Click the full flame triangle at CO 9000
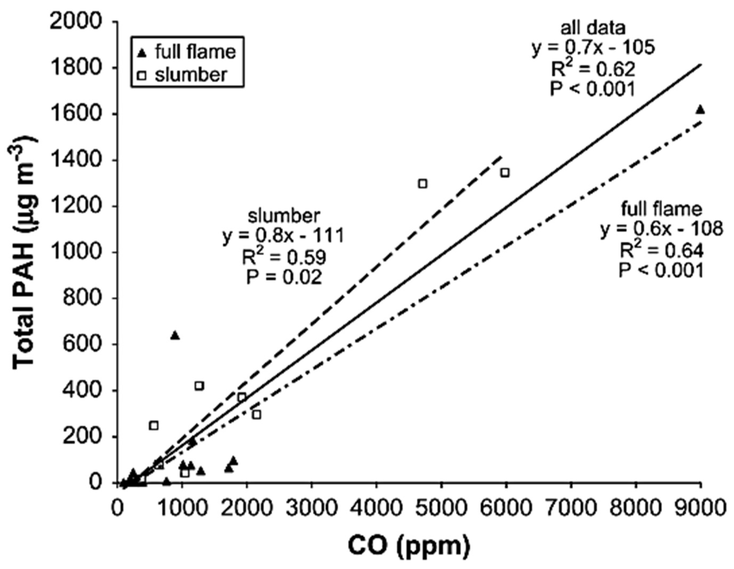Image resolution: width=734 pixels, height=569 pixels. pos(700,110)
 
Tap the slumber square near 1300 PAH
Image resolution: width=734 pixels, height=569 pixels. pos(423,184)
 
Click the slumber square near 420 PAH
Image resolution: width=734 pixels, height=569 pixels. pos(199,386)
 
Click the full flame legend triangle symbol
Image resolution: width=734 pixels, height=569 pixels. pos(143,53)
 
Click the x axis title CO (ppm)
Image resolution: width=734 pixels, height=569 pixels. pos(408,547)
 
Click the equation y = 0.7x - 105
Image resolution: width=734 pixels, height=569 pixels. pos(593,48)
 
